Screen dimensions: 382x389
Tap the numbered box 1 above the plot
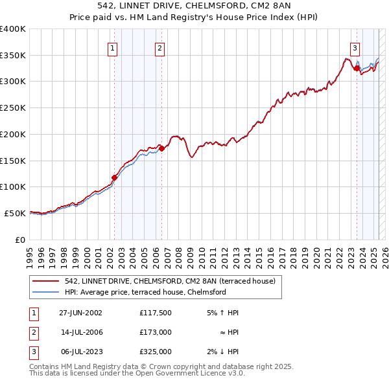113,47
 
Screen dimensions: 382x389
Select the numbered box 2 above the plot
159,47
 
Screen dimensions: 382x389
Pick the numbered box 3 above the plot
355,47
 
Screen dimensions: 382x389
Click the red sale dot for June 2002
114,177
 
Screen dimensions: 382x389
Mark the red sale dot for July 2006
161,148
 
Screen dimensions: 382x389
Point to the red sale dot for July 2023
357,67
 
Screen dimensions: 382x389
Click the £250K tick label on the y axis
12,107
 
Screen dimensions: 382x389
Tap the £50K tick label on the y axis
15,213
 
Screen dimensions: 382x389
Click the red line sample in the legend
46,281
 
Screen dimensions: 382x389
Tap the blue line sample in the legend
46,292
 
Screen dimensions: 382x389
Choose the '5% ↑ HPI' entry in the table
222,313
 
